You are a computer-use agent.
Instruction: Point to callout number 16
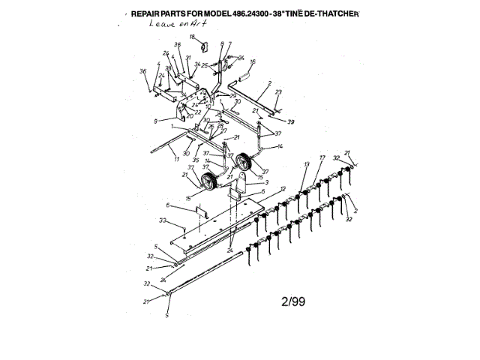[x=253, y=61]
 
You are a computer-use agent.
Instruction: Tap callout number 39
[x=290, y=121]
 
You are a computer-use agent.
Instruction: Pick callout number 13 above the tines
[x=306, y=163]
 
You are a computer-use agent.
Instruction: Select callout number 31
[x=188, y=58]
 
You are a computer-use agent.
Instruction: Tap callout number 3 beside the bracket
[x=265, y=182]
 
